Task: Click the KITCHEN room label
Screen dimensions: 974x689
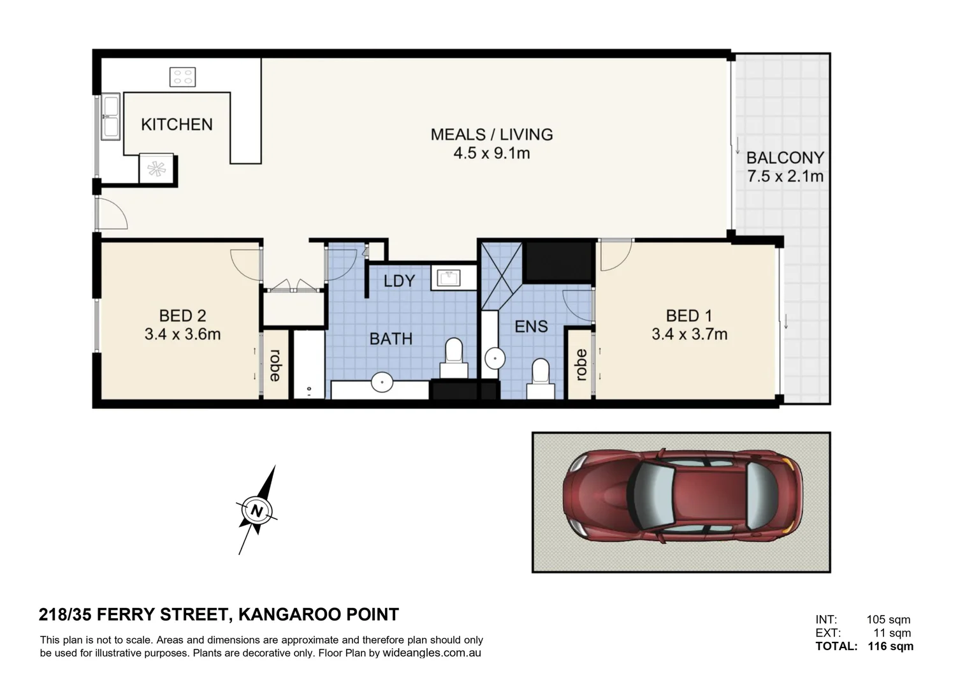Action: click(x=177, y=125)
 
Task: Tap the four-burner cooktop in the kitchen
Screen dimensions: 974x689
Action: click(x=182, y=77)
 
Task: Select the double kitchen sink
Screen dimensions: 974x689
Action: click(x=110, y=117)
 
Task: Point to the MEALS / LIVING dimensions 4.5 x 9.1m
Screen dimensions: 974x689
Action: click(x=491, y=153)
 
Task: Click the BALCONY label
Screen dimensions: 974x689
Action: click(x=785, y=158)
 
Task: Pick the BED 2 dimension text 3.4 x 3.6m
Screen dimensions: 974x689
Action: click(x=182, y=334)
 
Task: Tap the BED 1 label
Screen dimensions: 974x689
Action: click(x=689, y=316)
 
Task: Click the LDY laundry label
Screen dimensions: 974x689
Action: click(x=399, y=281)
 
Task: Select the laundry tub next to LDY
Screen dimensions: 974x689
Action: click(x=448, y=279)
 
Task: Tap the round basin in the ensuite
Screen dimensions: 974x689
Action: click(x=495, y=359)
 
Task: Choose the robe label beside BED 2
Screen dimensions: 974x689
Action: click(x=275, y=366)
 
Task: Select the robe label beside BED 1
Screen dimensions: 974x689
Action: click(x=581, y=365)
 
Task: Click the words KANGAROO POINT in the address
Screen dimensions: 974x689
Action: click(x=319, y=614)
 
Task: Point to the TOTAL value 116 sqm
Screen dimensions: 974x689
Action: click(x=890, y=646)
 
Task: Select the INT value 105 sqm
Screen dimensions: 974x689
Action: click(x=889, y=619)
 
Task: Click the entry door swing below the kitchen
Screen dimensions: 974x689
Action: click(x=112, y=214)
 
